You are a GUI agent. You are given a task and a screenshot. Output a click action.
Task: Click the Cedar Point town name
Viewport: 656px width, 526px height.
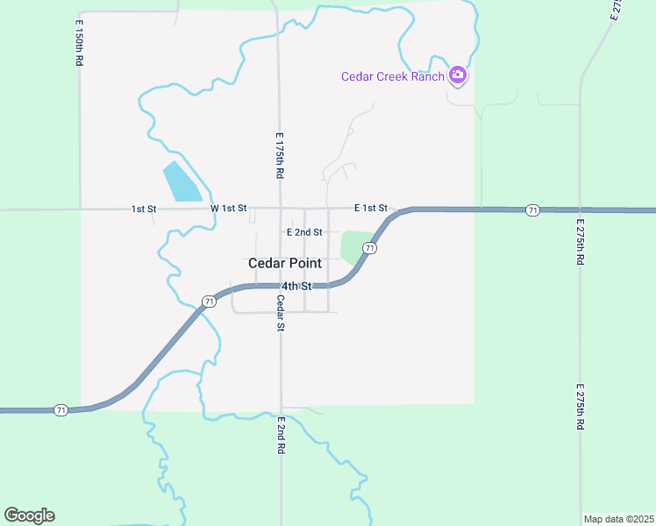(x=284, y=263)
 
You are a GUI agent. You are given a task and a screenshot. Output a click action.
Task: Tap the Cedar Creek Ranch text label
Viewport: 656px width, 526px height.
(x=392, y=76)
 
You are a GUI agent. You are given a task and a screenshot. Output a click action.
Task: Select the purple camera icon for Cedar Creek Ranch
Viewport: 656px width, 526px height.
(x=457, y=75)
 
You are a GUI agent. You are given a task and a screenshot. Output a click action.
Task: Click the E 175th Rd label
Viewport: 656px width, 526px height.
(x=279, y=156)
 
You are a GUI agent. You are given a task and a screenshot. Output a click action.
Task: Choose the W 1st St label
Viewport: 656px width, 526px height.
(x=229, y=209)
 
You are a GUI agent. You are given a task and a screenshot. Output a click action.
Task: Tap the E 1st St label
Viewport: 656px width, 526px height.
(x=371, y=208)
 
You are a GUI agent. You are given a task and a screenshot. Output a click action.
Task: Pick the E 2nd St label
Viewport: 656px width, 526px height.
(x=305, y=232)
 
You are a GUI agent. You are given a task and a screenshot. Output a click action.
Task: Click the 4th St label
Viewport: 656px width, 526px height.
(x=296, y=286)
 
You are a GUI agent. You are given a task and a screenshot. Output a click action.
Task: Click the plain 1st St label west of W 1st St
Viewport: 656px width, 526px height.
(x=144, y=210)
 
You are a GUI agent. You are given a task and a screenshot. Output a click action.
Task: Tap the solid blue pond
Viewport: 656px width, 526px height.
(x=182, y=182)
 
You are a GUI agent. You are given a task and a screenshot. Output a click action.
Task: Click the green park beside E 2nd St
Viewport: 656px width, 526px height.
(x=353, y=246)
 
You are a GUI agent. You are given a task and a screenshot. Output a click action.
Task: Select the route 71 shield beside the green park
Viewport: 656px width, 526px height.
(x=370, y=249)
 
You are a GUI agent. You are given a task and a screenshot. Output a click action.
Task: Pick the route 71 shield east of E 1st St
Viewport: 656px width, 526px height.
(x=532, y=210)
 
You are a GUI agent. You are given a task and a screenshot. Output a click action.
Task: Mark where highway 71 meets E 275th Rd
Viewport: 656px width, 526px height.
(x=580, y=210)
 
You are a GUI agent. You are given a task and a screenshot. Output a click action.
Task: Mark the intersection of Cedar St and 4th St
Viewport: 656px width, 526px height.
(x=281, y=286)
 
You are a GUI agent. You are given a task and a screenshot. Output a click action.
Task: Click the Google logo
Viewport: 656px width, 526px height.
(x=29, y=515)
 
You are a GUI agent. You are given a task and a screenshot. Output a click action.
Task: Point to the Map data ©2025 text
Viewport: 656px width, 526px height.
(x=618, y=519)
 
